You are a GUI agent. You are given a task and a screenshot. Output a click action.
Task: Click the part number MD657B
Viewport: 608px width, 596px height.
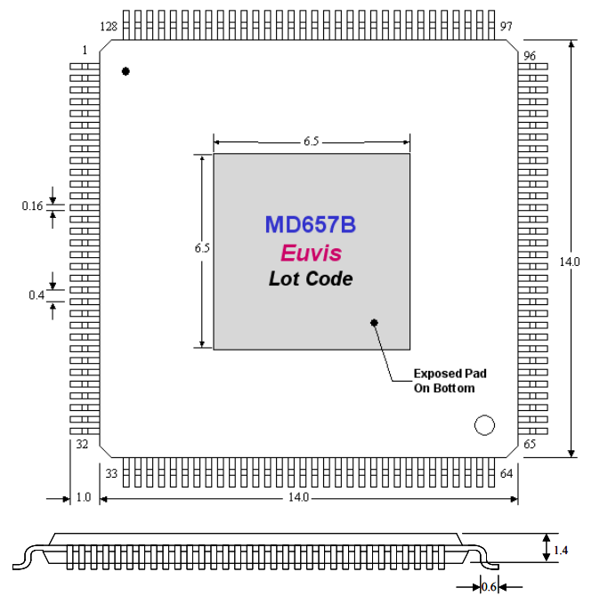(x=310, y=224)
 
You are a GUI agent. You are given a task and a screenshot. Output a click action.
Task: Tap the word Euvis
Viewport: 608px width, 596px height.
(x=311, y=253)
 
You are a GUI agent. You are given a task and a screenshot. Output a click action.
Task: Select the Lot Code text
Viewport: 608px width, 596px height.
(x=311, y=278)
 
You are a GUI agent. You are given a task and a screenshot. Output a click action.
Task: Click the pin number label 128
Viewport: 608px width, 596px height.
(x=109, y=27)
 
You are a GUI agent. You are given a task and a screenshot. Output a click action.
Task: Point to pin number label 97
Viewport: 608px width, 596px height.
(x=507, y=27)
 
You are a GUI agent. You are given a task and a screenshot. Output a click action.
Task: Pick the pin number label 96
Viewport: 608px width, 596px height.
(x=531, y=55)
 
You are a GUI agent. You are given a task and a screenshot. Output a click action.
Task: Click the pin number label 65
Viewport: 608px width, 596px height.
(x=531, y=444)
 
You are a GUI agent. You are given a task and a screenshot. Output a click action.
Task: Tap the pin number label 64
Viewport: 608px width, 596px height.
(x=507, y=473)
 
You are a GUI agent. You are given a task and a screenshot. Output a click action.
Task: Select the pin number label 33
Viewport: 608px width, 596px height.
(x=111, y=473)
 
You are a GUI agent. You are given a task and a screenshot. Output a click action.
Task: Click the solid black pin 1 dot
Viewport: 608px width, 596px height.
(x=126, y=70)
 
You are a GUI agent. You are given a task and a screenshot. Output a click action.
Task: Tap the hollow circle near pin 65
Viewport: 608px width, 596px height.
(x=484, y=425)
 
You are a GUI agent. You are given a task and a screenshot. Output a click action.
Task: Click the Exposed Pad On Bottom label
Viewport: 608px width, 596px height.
(x=450, y=381)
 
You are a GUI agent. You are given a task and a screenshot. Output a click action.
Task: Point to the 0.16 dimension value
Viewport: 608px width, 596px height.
(x=32, y=206)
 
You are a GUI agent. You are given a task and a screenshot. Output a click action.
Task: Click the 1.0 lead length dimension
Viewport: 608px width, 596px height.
(x=85, y=498)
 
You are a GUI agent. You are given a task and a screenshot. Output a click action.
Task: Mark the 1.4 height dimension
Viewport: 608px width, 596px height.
(x=561, y=552)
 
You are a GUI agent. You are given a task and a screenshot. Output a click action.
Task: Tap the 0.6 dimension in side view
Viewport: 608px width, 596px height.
(x=489, y=586)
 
